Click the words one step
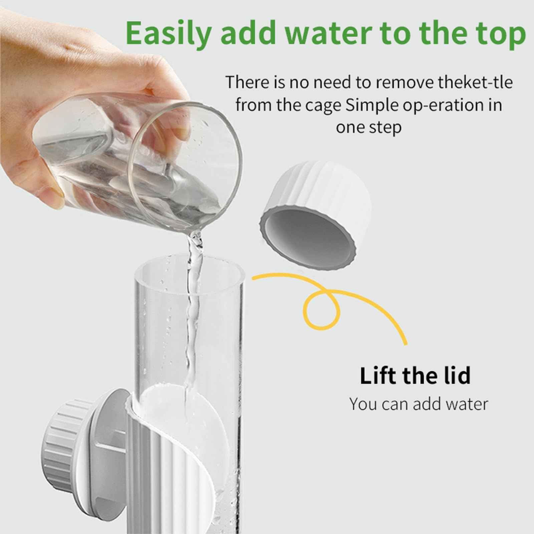pos(368,127)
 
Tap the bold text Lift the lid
pos(415,375)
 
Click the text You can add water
pos(419,404)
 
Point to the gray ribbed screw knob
pos(58,444)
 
